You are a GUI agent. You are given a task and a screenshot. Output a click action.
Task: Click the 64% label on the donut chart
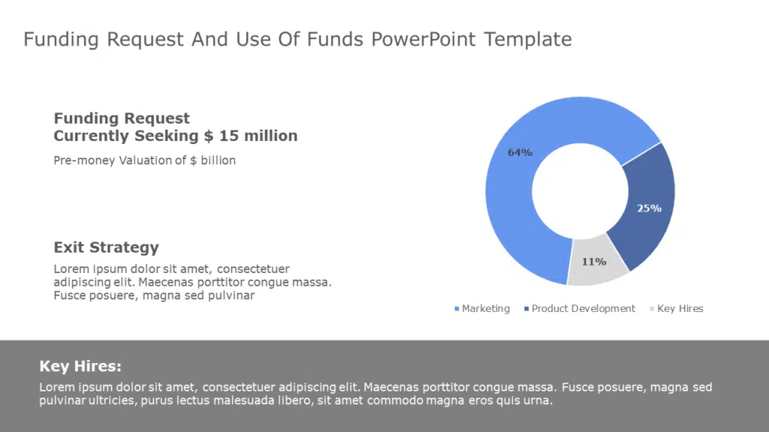pos(520,152)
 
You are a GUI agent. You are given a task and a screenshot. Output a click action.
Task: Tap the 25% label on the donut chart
pos(649,208)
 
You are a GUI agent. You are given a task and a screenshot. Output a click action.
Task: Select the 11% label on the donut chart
pos(594,262)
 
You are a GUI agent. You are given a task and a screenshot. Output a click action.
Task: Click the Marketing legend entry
pos(485,309)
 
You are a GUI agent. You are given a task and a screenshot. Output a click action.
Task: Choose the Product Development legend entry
pos(583,309)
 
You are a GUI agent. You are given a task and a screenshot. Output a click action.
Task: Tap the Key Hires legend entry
pos(680,309)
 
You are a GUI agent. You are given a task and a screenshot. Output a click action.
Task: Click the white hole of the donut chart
pos(579,190)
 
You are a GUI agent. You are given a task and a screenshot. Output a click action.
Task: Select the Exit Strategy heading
pos(106,247)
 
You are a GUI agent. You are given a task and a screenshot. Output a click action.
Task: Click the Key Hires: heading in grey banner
pos(80,367)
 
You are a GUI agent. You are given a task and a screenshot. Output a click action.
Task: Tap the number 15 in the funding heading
pos(231,136)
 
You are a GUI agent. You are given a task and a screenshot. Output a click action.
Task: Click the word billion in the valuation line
pos(215,160)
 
